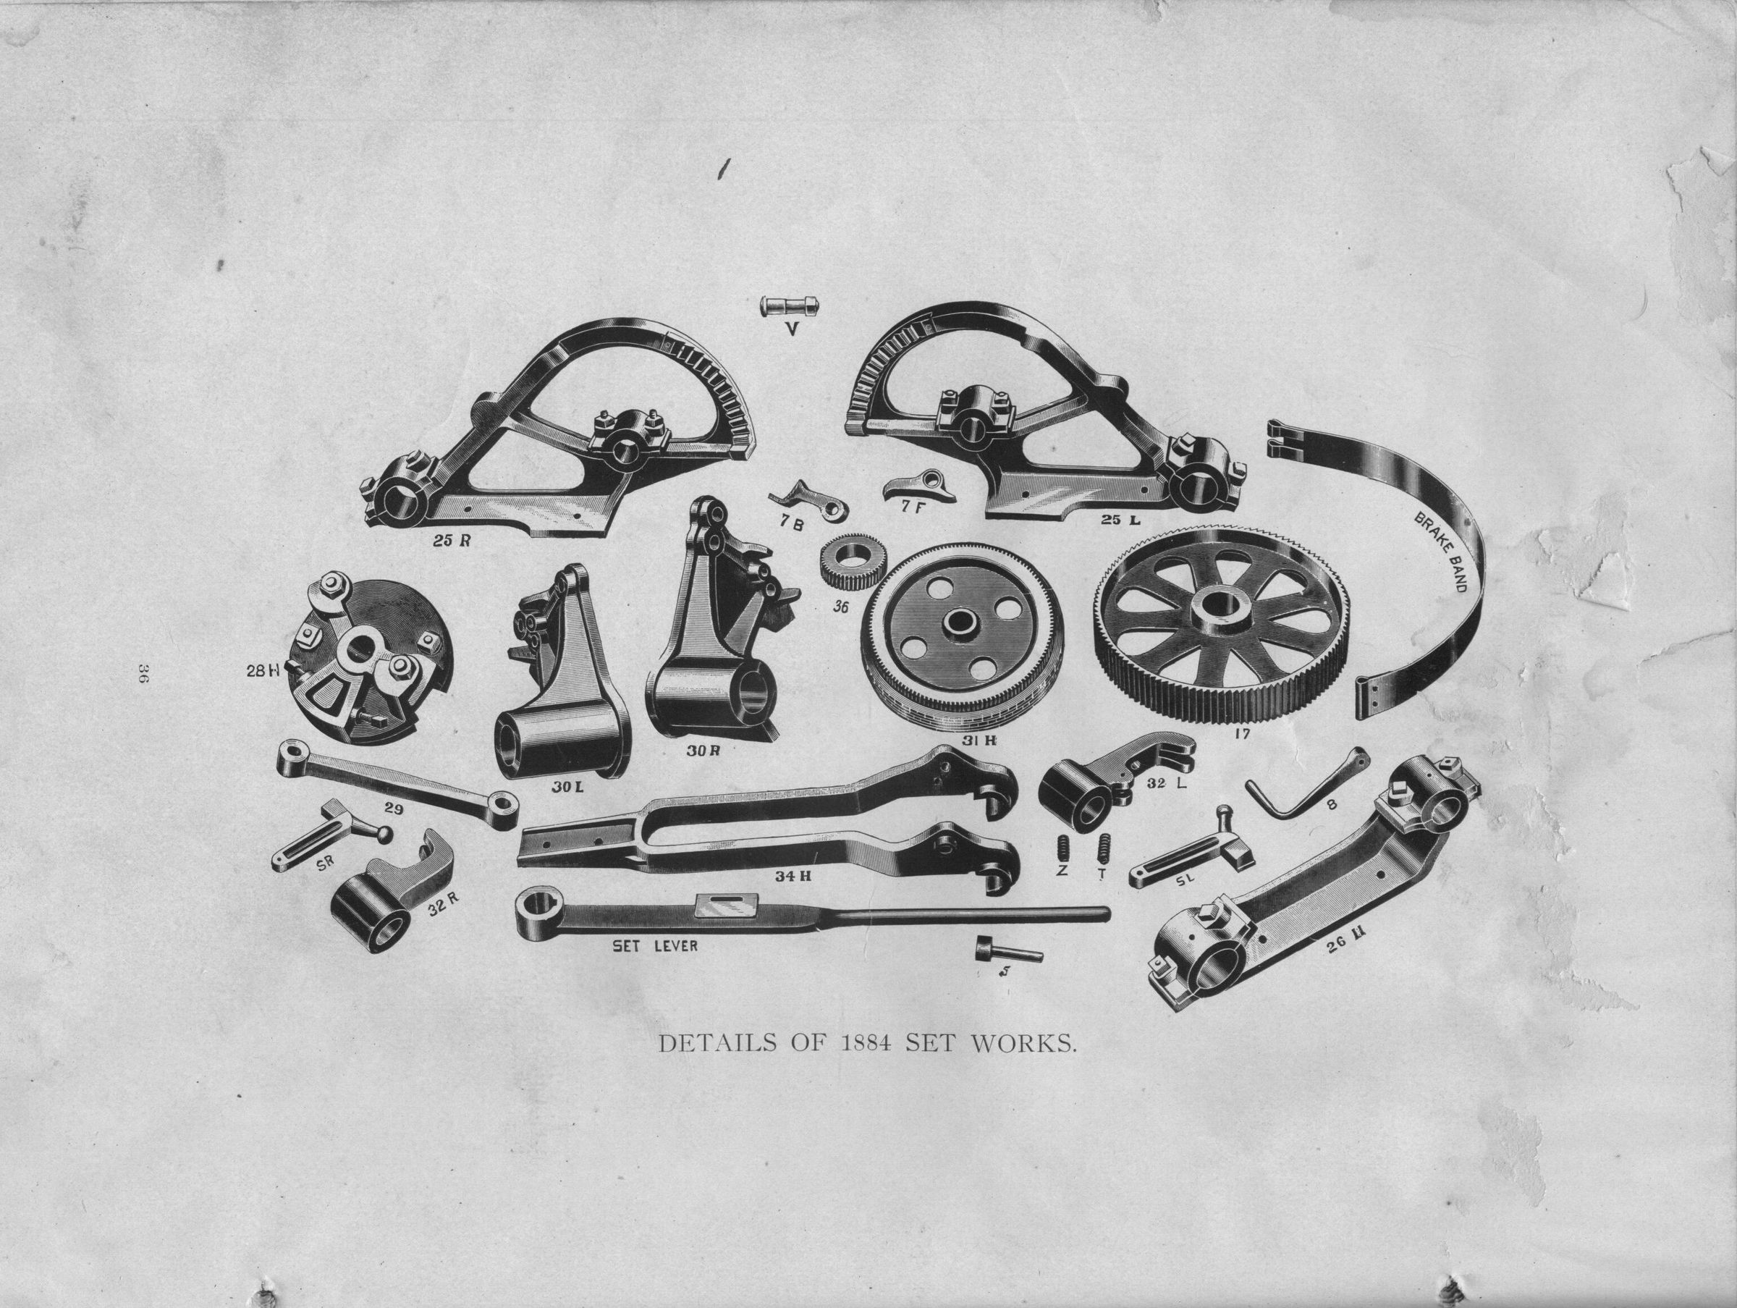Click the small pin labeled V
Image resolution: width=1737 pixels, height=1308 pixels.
pyautogui.click(x=785, y=305)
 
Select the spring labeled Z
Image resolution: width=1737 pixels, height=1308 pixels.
pyautogui.click(x=1064, y=848)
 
